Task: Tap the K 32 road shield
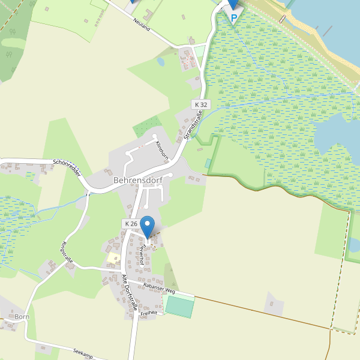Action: tap(201, 104)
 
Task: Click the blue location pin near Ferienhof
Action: tap(147, 227)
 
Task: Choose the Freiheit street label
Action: tap(148, 313)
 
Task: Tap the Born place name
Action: tap(22, 316)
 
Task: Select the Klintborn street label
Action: tap(162, 150)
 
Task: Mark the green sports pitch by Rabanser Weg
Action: tap(179, 305)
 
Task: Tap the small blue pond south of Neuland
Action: tap(161, 61)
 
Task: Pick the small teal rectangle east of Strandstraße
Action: tap(208, 163)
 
